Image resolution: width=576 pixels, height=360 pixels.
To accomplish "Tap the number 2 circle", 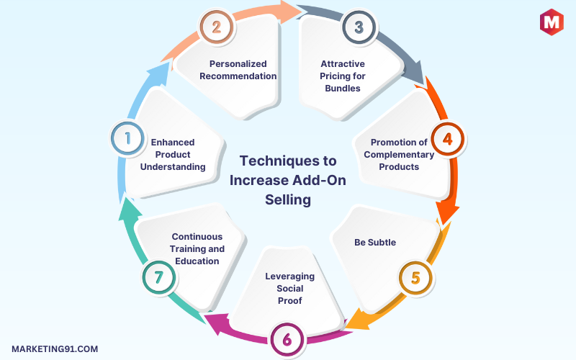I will click(215, 27).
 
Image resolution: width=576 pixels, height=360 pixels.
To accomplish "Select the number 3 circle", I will click(354, 27).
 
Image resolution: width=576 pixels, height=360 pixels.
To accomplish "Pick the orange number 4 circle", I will click(447, 138).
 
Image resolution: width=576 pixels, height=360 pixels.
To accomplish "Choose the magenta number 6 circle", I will click(287, 339).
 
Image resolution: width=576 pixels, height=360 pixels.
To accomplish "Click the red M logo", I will click(552, 22).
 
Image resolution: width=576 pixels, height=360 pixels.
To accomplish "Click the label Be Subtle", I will click(375, 243).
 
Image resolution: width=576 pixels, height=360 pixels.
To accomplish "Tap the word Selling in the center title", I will click(288, 200).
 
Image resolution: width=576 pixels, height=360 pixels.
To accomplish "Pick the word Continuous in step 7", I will click(197, 236).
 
